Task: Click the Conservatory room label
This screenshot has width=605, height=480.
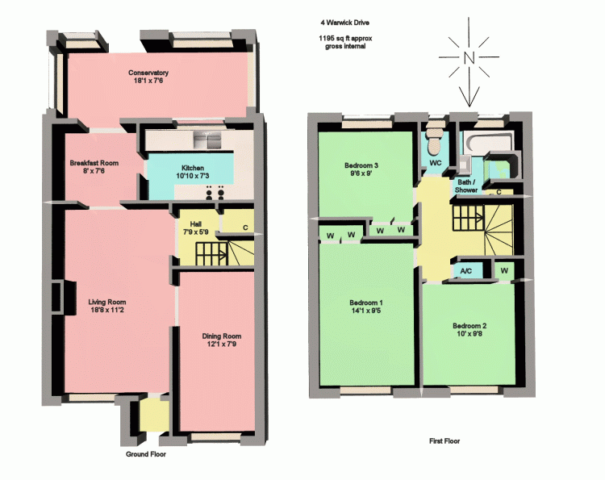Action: [148, 73]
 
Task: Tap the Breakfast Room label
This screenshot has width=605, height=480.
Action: [94, 163]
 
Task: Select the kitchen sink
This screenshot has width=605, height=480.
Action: [207, 140]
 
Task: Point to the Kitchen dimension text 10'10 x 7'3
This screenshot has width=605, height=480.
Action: [193, 176]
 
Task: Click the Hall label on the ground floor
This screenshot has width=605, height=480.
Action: [196, 224]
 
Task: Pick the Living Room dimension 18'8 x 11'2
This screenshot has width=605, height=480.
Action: [106, 310]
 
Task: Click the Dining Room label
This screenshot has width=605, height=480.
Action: [222, 336]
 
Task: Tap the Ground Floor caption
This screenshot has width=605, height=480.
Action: [146, 454]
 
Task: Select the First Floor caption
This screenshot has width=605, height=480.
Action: [444, 441]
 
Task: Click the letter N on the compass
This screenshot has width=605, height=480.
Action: [469, 58]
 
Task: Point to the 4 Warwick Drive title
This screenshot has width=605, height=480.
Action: [345, 23]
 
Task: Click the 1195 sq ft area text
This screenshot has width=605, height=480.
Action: [345, 38]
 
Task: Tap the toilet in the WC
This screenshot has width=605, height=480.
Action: [435, 140]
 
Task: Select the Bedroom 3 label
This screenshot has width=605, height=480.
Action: [361, 165]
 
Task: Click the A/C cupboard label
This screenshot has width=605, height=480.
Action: [466, 271]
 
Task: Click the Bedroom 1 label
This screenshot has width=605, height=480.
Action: [365, 303]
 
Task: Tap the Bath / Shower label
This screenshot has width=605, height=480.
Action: [466, 186]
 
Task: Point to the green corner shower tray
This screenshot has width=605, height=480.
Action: [500, 166]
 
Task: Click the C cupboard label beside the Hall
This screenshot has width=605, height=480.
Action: [245, 227]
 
